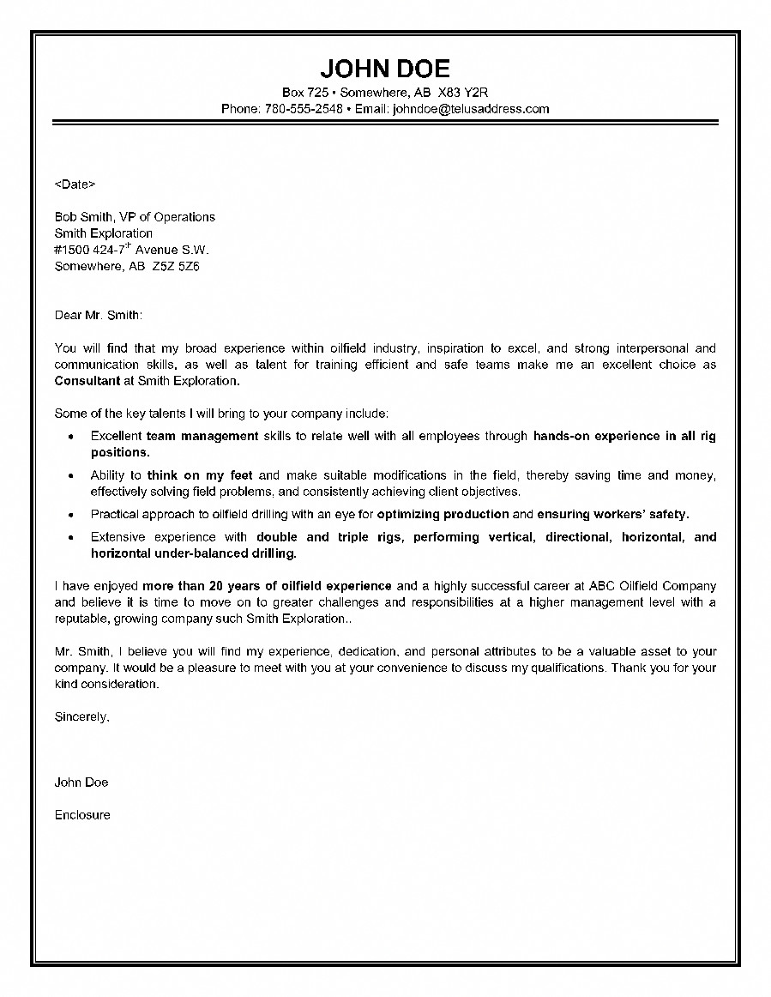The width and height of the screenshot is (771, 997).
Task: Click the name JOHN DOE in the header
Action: pos(385,69)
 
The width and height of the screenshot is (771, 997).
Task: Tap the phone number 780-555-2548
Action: pos(304,109)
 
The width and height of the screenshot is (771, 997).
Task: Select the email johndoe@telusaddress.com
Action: pos(471,109)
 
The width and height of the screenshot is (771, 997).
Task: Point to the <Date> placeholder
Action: pos(75,184)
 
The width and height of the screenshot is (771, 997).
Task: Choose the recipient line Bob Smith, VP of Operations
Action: pos(135,217)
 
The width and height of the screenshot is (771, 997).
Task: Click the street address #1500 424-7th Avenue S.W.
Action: pos(131,250)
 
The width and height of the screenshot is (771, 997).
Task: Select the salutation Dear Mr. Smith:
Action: pos(99,315)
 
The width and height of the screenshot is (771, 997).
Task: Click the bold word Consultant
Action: pos(87,381)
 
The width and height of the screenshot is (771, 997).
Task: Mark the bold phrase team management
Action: pos(202,436)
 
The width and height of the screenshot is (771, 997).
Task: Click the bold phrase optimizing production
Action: pos(443,514)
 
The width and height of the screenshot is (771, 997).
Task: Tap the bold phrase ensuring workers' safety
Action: pos(612,514)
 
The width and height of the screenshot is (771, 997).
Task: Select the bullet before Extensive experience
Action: pos(69,537)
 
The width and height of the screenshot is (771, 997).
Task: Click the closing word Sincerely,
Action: pos(82,716)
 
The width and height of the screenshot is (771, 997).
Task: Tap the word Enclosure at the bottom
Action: pos(82,814)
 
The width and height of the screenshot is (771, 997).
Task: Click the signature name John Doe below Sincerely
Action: pos(81,782)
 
